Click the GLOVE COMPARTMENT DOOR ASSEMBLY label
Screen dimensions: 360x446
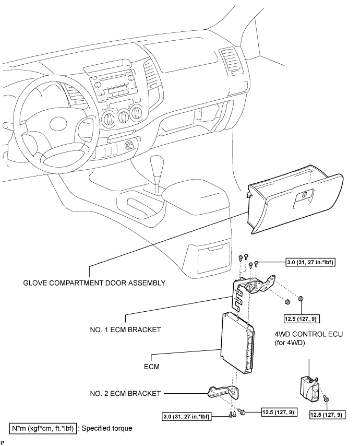[x=94, y=283]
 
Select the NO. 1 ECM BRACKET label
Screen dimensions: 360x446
[x=125, y=330]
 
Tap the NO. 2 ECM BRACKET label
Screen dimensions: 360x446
[x=125, y=393]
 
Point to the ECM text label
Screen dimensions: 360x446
[x=152, y=367]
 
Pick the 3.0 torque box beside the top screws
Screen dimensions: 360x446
[x=309, y=262]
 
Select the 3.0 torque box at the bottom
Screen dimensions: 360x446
[x=186, y=417]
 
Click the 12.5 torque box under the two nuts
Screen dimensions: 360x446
[x=302, y=319]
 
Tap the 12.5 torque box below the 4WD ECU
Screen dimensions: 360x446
[x=327, y=415]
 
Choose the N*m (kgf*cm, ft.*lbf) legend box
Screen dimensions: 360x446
[x=43, y=428]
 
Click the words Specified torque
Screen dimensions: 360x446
[x=107, y=428]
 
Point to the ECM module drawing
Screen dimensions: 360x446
[x=237, y=343]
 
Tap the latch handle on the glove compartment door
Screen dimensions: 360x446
[x=304, y=196]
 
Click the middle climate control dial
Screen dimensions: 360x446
[x=123, y=116]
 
